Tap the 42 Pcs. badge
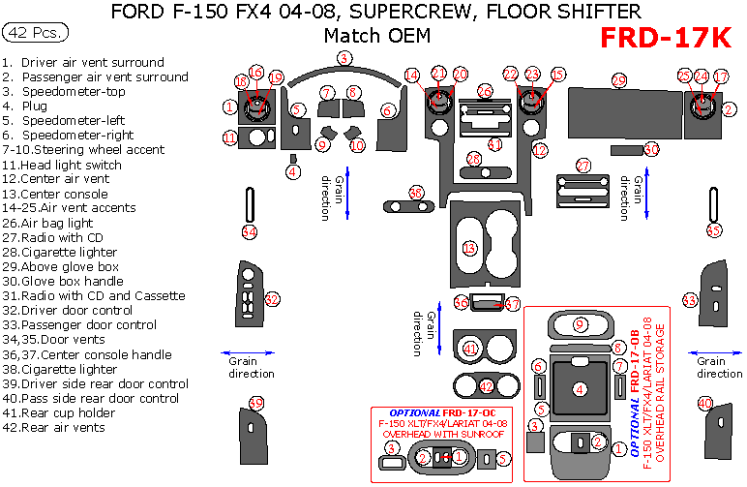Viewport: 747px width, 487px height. (x=36, y=33)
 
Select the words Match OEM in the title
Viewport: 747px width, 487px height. (x=376, y=36)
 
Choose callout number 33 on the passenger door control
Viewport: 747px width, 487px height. (x=690, y=300)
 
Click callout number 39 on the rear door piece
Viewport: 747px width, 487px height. (x=256, y=403)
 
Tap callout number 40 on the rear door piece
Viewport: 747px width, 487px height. (x=705, y=403)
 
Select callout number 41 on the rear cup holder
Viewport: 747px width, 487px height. (x=470, y=349)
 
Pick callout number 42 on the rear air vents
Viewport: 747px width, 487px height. (x=487, y=386)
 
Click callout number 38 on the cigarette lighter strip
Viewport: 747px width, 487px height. (x=416, y=194)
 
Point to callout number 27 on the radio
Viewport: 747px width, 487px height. (x=583, y=166)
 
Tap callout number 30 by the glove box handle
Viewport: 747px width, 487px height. (x=651, y=149)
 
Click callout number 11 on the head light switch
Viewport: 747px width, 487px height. (x=229, y=138)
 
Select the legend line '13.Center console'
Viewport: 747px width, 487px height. (x=55, y=194)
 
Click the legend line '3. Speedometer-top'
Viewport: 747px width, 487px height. (x=63, y=91)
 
